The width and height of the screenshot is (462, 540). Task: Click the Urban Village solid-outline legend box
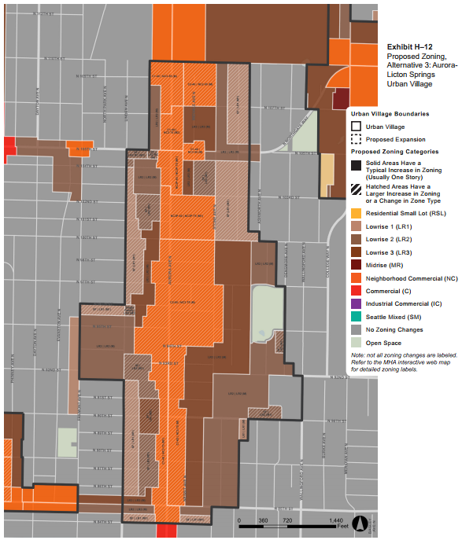[357, 127]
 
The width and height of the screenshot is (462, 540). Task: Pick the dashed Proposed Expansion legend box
[357, 139]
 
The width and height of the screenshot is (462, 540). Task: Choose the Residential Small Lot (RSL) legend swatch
[357, 213]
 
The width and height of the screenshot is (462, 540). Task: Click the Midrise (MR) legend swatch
[357, 265]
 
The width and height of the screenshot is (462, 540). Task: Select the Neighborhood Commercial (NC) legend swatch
[357, 277]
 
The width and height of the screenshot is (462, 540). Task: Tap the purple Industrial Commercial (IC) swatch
[357, 303]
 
